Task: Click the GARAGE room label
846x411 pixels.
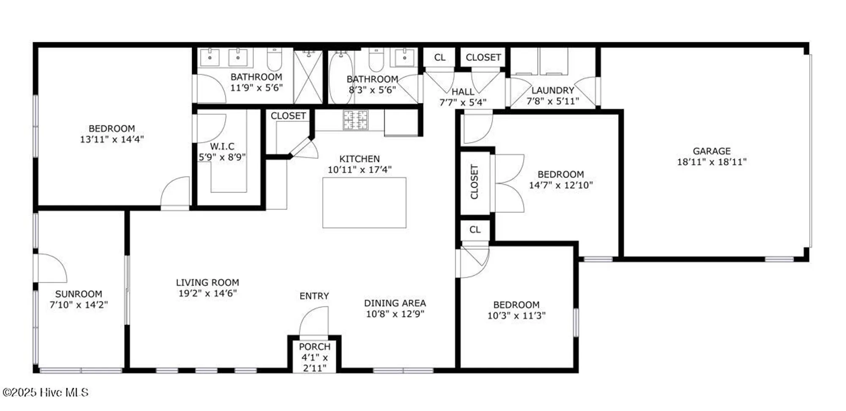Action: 711,151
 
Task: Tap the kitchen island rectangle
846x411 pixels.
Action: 364,203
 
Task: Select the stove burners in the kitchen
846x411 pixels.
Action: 355,120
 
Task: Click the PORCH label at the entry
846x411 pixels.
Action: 314,347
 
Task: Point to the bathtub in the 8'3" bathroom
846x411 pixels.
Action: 341,78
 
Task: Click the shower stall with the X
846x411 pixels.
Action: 308,77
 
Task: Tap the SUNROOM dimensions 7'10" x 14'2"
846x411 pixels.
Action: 79,305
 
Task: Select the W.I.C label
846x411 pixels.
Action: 222,146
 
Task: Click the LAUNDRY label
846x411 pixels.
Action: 552,90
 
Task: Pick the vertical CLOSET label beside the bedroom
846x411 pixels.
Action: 474,182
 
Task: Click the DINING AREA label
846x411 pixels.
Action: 395,303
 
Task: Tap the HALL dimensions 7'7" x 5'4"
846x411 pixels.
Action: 463,102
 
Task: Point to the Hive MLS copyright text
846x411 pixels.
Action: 45,392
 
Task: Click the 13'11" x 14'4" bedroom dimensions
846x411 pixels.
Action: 112,139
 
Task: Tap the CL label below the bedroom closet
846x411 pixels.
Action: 475,229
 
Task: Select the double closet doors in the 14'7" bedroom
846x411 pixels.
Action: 509,183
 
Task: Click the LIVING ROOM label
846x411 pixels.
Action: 207,282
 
